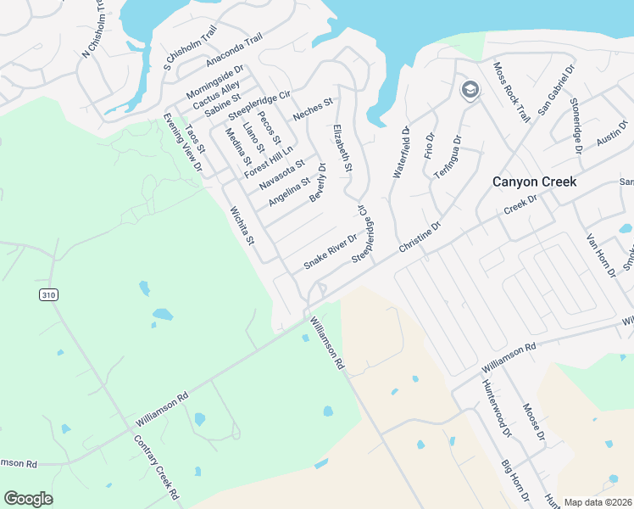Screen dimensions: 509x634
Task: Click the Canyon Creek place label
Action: click(535, 182)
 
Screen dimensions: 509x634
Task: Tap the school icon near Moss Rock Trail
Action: click(469, 89)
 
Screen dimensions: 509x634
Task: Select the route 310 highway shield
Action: click(47, 294)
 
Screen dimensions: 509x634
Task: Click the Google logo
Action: click(28, 499)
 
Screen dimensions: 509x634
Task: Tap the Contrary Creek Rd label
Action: click(157, 467)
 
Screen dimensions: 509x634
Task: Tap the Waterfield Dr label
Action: click(402, 153)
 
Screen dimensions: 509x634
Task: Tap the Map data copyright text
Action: click(597, 502)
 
